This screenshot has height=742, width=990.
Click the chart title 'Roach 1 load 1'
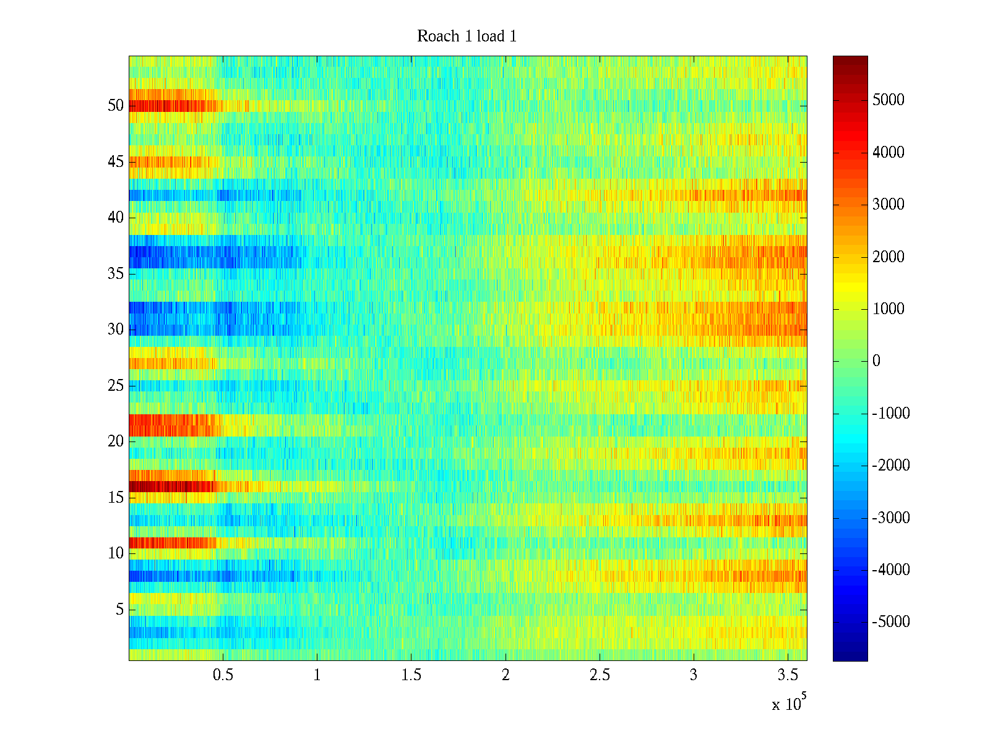coord(467,36)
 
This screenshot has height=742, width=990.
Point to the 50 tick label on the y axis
coord(116,106)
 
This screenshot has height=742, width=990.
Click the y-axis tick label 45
coord(116,162)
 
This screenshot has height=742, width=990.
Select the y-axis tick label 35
coord(116,274)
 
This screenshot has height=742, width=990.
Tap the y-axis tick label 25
coord(116,386)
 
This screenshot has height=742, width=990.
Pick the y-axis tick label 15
coord(116,498)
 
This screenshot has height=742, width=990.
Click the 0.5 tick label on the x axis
coord(223,675)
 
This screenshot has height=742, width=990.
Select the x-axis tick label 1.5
coord(411,675)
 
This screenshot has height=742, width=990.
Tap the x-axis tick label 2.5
coord(600,675)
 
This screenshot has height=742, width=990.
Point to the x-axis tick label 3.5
coord(788,675)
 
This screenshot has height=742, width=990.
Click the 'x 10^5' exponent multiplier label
coord(789,703)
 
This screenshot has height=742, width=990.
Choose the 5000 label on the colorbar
coord(889,100)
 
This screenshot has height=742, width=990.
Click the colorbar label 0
coord(876,361)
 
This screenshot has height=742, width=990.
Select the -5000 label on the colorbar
coord(891,622)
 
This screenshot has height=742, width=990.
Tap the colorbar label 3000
coord(889,205)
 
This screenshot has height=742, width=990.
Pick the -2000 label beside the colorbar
coord(891,466)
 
